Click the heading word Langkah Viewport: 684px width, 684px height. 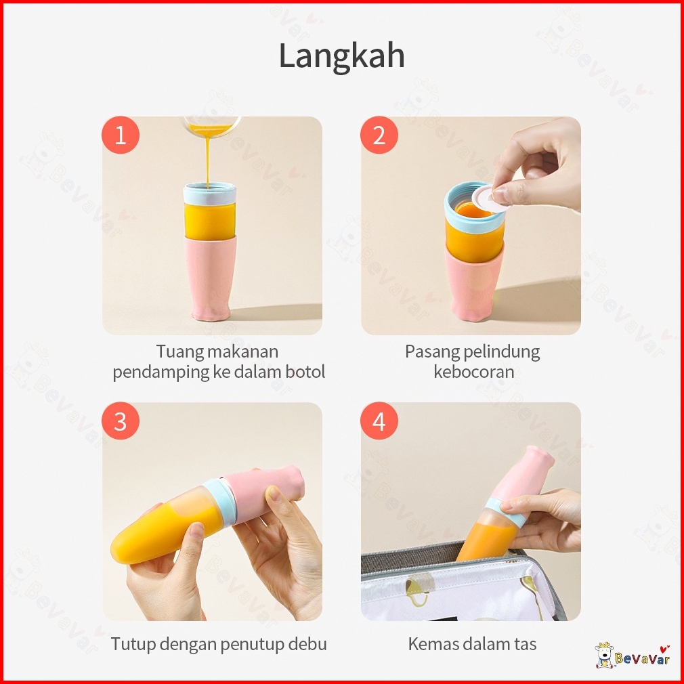tap(341, 56)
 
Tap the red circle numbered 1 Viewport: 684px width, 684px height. tap(121, 135)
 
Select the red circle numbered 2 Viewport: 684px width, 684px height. tap(379, 135)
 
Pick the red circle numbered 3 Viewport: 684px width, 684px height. tap(121, 421)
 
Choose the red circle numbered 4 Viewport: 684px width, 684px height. tap(379, 421)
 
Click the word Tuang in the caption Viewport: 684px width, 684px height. tap(179, 352)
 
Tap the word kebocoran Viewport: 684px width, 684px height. tap(474, 372)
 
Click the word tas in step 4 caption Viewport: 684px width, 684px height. tap(524, 644)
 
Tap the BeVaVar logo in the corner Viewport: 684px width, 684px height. tap(633, 656)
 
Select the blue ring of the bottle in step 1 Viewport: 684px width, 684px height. tap(209, 193)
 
